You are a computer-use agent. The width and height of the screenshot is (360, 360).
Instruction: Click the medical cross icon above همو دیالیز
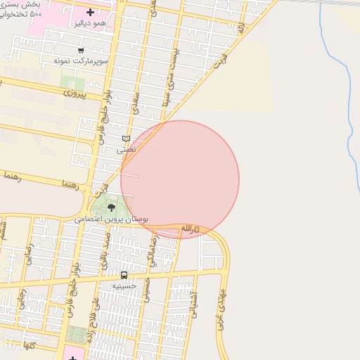coord(90,13)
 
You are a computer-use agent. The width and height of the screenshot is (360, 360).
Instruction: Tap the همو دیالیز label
coord(90,23)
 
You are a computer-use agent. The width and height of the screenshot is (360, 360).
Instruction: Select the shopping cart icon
coord(82,51)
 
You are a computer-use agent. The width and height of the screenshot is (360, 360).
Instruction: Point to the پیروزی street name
coord(73,93)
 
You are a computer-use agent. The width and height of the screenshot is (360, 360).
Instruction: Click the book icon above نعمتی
coord(126,139)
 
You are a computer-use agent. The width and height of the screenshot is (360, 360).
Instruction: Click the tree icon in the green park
coord(111,207)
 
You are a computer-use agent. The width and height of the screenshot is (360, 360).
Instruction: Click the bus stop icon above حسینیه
coord(124,275)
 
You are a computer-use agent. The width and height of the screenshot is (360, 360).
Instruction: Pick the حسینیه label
coord(125,286)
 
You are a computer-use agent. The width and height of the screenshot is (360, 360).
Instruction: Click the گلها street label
coord(29,346)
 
